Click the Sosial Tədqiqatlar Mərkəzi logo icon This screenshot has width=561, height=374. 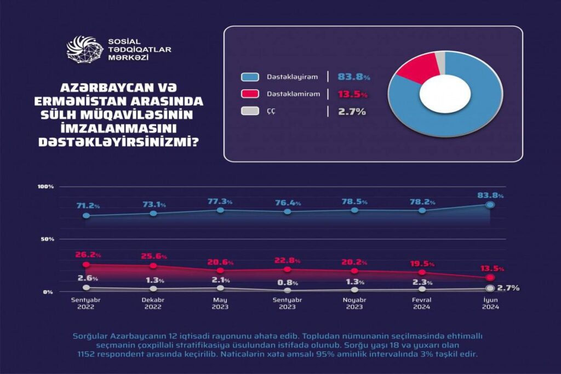coord(84,49)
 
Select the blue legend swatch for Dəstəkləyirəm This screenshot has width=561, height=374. coord(250,78)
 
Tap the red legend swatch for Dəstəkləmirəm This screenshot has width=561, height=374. coord(250,94)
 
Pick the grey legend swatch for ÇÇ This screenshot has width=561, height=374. coord(250,111)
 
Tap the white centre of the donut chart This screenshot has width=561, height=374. coord(445,94)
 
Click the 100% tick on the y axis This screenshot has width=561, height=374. coord(45,187)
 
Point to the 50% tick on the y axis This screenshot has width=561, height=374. coord(47,239)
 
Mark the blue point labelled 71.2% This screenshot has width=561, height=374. coord(86,216)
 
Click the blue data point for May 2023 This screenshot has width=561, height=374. coord(220,210)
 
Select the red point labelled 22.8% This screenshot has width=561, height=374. coord(288,269)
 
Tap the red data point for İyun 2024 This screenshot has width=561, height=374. coord(490,278)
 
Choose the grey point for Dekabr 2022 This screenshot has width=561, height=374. coord(153,289)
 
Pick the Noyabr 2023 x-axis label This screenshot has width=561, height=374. coord(354,303)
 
